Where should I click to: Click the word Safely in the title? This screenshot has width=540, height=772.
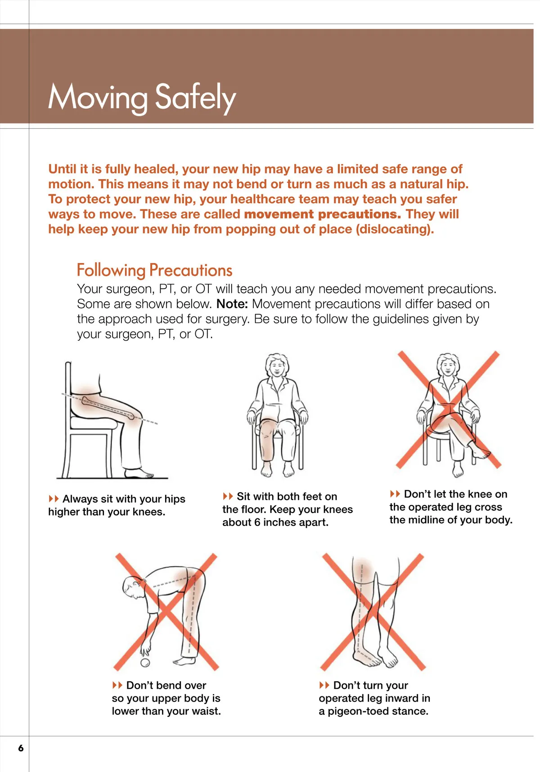195,98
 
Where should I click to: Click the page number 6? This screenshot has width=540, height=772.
21,748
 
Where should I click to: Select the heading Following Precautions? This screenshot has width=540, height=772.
154,270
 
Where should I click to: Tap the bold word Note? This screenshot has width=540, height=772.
232,304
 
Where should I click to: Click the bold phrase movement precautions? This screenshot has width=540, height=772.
322,214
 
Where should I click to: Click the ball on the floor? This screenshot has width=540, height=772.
145,663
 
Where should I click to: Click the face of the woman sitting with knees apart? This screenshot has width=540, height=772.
277,368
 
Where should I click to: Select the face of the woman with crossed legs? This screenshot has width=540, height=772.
447,368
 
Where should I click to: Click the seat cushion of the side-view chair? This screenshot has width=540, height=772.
94,423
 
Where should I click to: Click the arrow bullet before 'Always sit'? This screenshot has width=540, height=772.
54,499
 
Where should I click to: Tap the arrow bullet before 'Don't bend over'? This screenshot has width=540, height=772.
117,685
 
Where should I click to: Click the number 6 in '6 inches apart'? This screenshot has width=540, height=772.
257,522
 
